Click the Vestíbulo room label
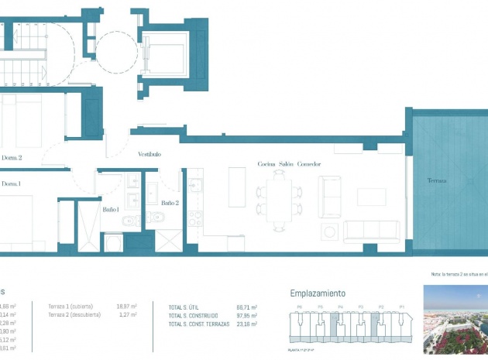pyautogui.click(x=149, y=155)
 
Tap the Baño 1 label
pyautogui.click(x=111, y=209)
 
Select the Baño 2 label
pyautogui.click(x=170, y=203)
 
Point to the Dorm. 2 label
pyautogui.click(x=12, y=158)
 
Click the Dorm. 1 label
pyautogui.click(x=11, y=183)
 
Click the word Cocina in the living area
pyautogui.click(x=267, y=164)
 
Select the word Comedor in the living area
pyautogui.click(x=308, y=164)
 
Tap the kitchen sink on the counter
pyautogui.click(x=194, y=186)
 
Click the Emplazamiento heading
pyautogui.click(x=318, y=293)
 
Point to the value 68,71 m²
pyautogui.click(x=247, y=307)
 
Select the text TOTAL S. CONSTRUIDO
pyautogui.click(x=194, y=316)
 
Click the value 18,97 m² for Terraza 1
pyautogui.click(x=126, y=307)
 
